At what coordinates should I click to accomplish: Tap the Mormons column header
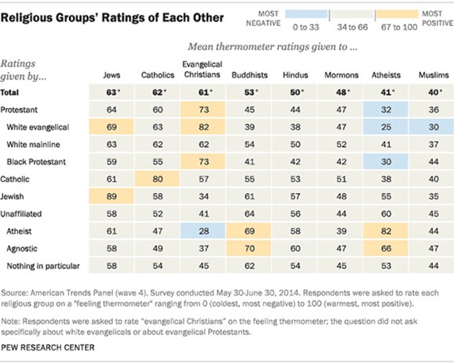(x=342, y=74)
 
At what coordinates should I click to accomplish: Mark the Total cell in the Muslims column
(x=434, y=91)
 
